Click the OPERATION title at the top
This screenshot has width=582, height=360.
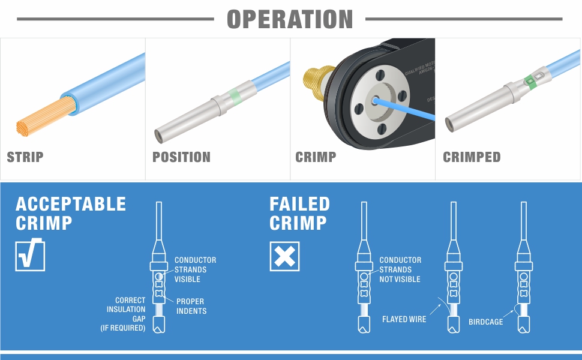[x=290, y=19]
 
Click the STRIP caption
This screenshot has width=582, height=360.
[x=25, y=157]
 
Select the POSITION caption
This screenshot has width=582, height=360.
[x=181, y=157]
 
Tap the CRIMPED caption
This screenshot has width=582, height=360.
[x=472, y=157]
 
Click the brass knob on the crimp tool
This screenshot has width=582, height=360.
[x=316, y=84]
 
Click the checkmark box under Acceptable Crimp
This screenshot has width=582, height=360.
[x=30, y=256]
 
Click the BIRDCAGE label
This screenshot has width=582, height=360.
[x=485, y=322]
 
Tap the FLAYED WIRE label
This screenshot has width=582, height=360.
[x=404, y=319]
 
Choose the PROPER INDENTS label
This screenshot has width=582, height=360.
[x=191, y=306]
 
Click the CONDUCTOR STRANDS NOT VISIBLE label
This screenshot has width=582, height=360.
[x=400, y=269]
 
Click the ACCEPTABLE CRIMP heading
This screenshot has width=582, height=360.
[x=71, y=213]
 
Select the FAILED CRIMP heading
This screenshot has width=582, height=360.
[x=299, y=213]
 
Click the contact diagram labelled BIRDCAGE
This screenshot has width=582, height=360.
[x=524, y=270]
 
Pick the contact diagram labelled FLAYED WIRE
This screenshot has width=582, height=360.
[x=453, y=270]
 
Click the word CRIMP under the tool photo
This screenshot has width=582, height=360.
[x=316, y=157]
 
